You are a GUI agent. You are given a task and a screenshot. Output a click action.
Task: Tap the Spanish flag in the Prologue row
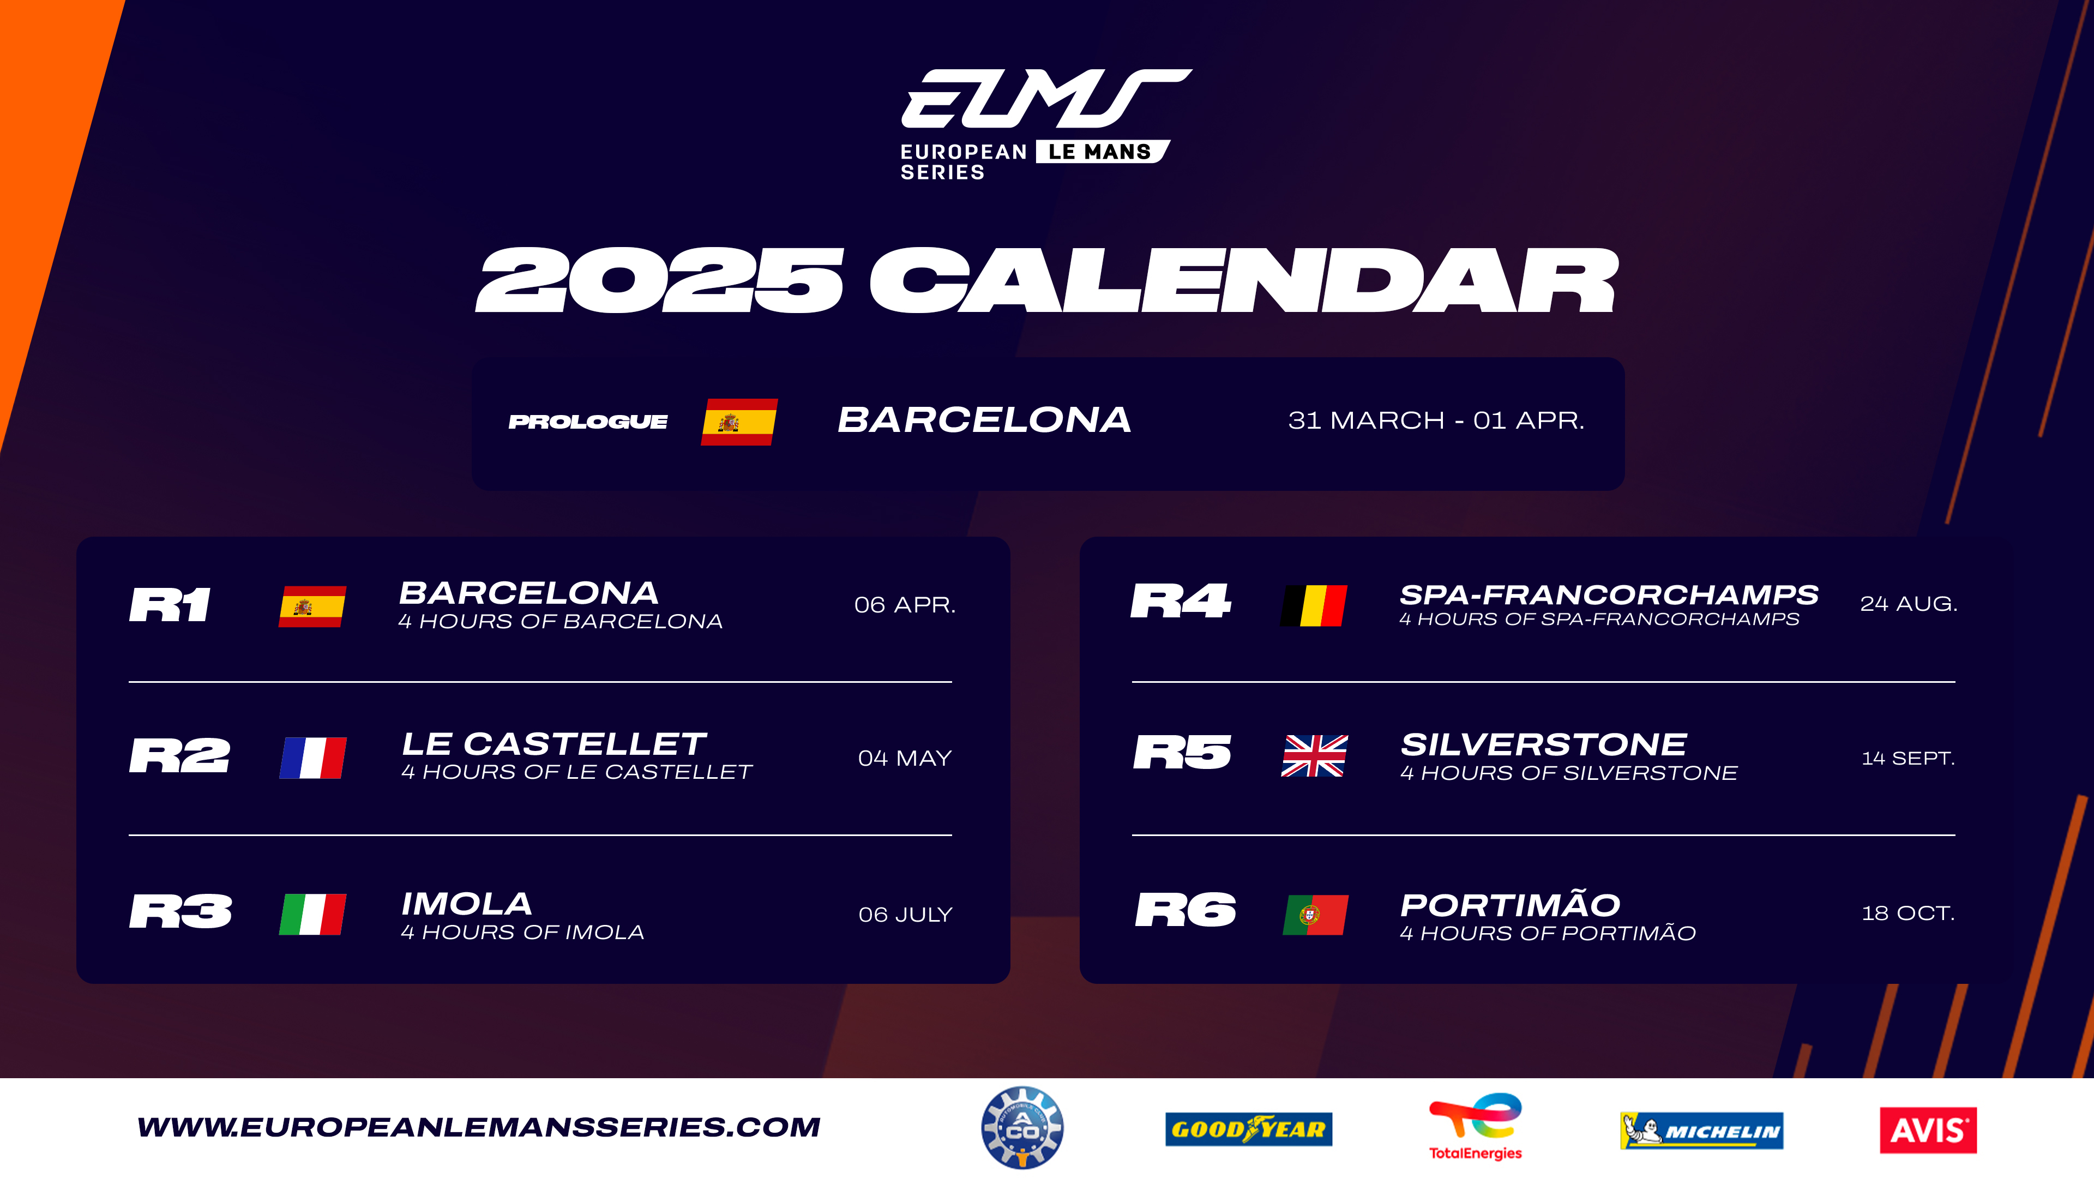click(739, 422)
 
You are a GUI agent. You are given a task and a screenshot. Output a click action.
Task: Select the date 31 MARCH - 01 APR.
click(1436, 420)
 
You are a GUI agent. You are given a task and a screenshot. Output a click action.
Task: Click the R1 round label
click(170, 605)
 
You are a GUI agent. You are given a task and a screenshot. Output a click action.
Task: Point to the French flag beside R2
click(313, 758)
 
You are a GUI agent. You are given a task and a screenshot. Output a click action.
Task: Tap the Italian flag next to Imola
click(313, 914)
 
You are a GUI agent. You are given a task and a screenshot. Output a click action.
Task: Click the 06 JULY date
click(905, 915)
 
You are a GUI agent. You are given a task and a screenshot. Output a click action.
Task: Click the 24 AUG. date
click(1909, 603)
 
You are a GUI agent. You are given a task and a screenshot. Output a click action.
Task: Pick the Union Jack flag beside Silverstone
click(1314, 755)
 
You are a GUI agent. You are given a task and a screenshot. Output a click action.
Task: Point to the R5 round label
click(1183, 752)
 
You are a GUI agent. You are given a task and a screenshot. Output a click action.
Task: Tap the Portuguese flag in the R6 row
click(1315, 915)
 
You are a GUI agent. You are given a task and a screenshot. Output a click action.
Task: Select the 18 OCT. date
click(1908, 913)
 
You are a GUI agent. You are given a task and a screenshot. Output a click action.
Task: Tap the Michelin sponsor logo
click(1701, 1130)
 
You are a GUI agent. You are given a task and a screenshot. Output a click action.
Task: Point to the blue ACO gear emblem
click(1022, 1128)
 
